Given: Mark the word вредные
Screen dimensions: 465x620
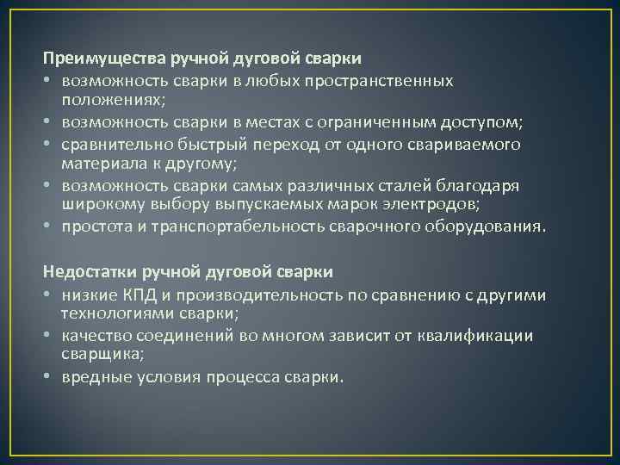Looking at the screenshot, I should point(91,377).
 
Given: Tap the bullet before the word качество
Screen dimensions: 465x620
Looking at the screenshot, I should point(48,336).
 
